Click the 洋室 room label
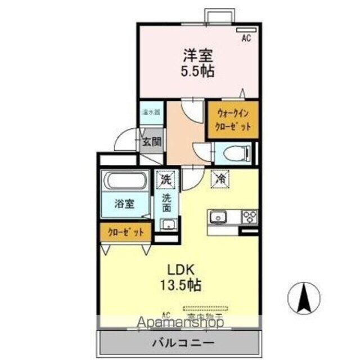[x=197, y=56]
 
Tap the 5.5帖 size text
[x=197, y=71]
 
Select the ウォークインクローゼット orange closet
[x=233, y=119]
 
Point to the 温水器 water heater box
[x=150, y=111]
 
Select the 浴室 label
[x=124, y=204]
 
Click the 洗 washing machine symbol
[x=166, y=180]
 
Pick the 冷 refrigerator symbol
[x=219, y=179]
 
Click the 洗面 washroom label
[x=166, y=202]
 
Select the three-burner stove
[x=249, y=217]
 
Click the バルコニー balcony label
[x=182, y=343]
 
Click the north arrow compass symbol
[x=304, y=297]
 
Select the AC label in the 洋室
[x=246, y=38]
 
